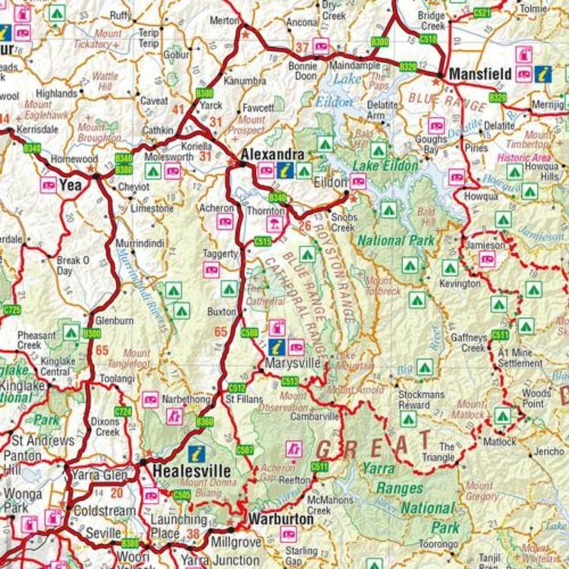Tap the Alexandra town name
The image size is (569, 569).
272,155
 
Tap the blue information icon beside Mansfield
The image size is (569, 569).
543,74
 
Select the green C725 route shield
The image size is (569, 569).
12,310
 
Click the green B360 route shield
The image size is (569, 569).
204,421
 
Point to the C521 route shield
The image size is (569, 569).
482,13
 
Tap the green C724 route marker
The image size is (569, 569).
123,412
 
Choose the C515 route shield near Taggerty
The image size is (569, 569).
262,242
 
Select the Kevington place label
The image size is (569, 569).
460,284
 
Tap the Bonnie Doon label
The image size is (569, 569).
303,71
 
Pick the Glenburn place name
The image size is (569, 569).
115,320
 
